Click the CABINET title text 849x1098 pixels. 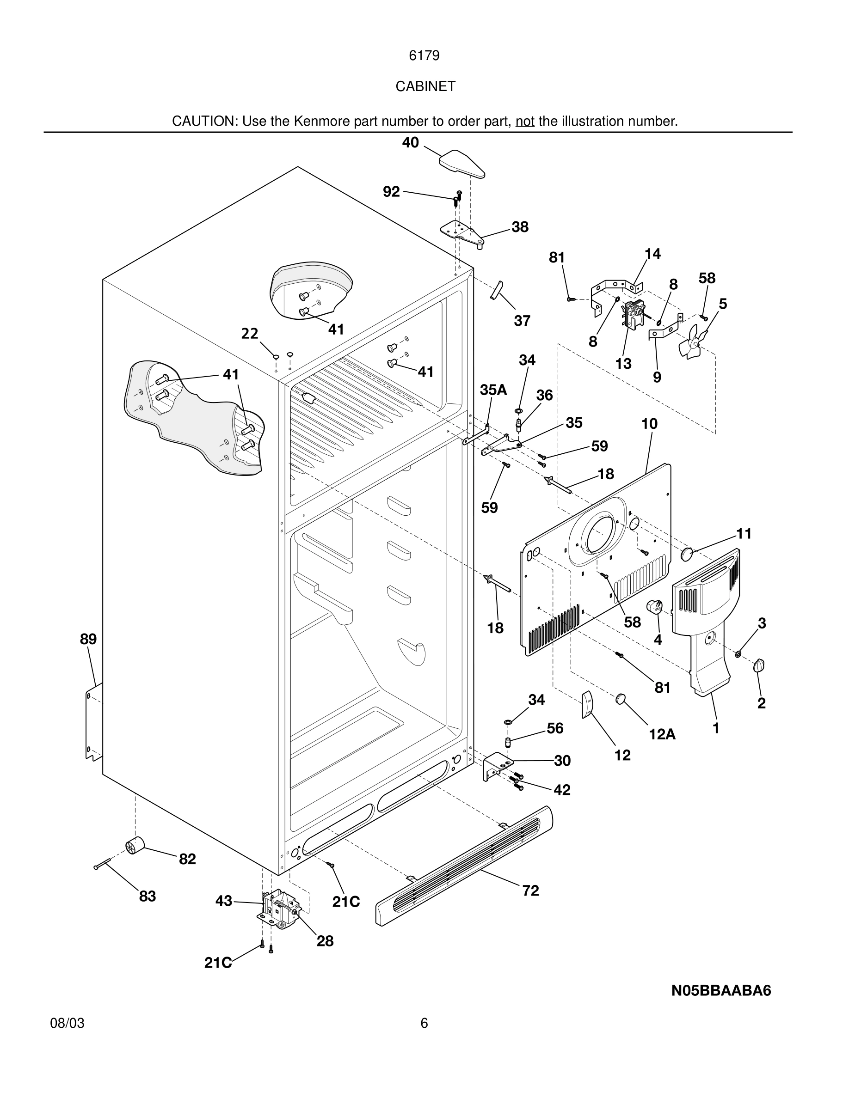coord(425,86)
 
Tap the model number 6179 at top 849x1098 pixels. coord(424,56)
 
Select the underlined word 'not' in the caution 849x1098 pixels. coord(524,121)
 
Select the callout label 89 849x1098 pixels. coord(88,639)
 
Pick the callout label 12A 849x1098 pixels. coord(662,734)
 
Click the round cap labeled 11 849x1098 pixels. coord(687,555)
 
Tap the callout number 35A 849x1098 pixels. coord(493,390)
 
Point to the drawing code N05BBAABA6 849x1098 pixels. coord(721,990)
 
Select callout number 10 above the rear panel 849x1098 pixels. coord(649,424)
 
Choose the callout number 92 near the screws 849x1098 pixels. coord(391,191)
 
